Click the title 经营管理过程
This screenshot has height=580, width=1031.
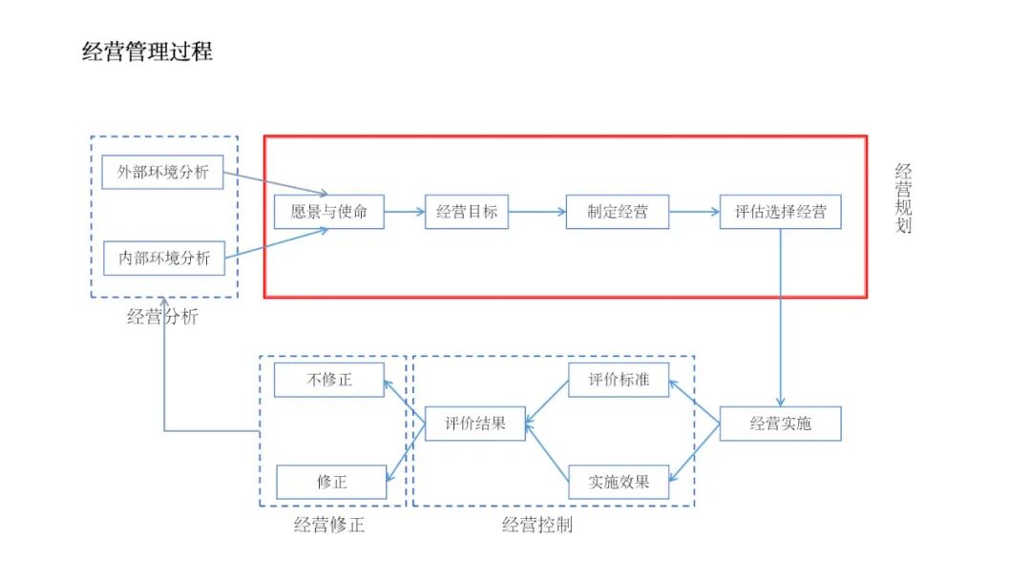(x=147, y=52)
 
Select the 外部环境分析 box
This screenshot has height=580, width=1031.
(x=163, y=173)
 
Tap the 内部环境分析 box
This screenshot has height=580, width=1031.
(x=164, y=258)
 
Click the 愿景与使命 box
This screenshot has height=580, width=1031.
(x=329, y=212)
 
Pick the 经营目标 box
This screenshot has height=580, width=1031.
(x=467, y=212)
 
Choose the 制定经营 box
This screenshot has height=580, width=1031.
(x=618, y=212)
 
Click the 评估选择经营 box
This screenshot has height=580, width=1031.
(x=781, y=212)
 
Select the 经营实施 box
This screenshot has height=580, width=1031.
(x=780, y=424)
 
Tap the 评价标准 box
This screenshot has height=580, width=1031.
(x=619, y=380)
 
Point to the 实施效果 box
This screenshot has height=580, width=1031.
(x=619, y=482)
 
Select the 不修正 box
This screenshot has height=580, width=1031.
(x=329, y=380)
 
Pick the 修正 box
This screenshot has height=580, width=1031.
(x=331, y=482)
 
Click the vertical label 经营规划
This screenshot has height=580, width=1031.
(x=903, y=198)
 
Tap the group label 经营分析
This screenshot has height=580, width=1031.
(x=162, y=318)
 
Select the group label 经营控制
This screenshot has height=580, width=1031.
(x=537, y=525)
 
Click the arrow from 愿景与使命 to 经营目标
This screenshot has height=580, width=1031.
(x=405, y=212)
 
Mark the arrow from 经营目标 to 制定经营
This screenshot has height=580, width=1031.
(x=537, y=212)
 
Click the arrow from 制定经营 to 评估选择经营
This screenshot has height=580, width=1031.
(x=695, y=212)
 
